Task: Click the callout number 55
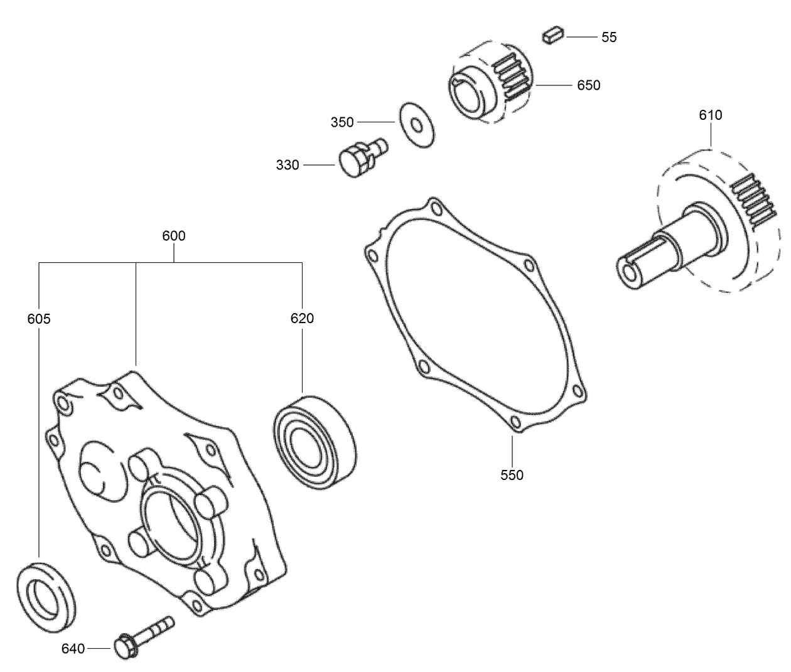(608, 37)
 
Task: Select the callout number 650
(588, 85)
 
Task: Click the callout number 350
(342, 122)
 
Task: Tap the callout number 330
(288, 166)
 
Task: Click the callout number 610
(710, 115)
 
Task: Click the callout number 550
(512, 475)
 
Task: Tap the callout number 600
(174, 236)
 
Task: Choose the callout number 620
(302, 318)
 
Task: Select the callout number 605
(39, 319)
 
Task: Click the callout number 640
(73, 648)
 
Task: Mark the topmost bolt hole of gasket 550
(433, 207)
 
